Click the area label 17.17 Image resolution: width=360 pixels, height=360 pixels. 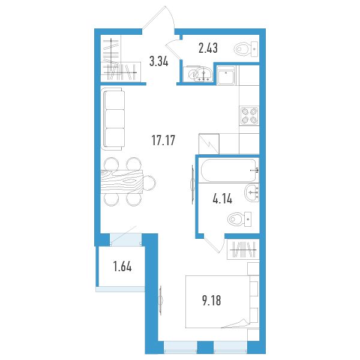coord(163,140)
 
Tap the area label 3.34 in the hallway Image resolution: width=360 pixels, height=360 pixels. coord(159,61)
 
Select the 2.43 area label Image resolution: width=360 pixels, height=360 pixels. coord(208,48)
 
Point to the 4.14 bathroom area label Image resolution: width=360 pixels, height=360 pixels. coord(223,199)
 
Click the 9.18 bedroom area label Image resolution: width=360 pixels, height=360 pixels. coord(212,301)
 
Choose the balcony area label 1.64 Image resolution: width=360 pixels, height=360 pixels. coord(122,267)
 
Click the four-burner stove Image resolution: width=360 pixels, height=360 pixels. coord(249,115)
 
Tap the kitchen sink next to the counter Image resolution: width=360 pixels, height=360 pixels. coord(226,76)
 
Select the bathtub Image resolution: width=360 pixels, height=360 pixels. coord(229,170)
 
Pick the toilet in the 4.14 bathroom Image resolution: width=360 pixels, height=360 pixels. coord(239,219)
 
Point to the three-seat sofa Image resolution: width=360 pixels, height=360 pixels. coord(113,119)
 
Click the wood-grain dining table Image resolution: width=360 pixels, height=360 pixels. coord(122,181)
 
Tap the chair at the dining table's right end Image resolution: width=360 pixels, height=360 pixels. coord(149,183)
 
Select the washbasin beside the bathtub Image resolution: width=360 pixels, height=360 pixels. coord(252,193)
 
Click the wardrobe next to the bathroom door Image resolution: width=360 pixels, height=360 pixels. coord(243,250)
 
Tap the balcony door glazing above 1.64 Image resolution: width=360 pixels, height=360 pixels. coord(125,239)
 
